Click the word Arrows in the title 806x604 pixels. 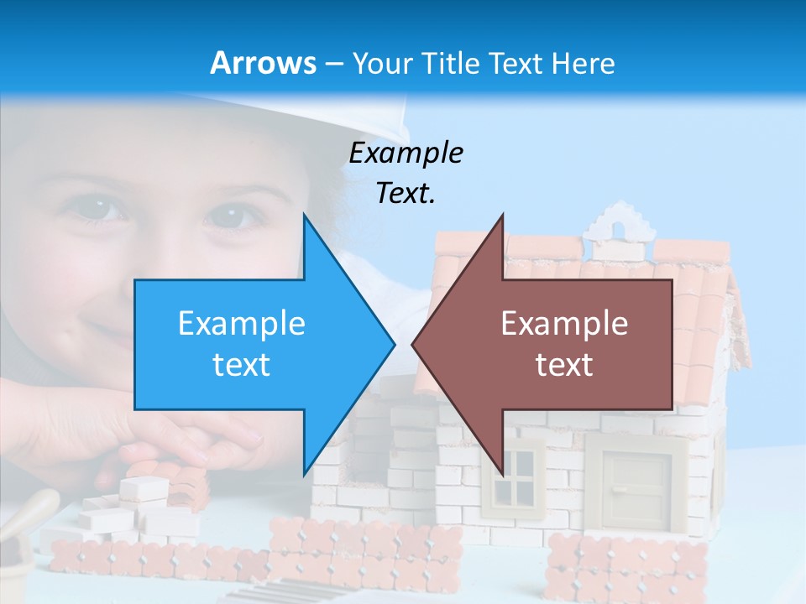pyautogui.click(x=263, y=63)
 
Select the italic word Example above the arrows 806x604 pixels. pyautogui.click(x=406, y=153)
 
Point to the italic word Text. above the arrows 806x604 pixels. pyautogui.click(x=406, y=193)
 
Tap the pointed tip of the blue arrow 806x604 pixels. pyautogui.click(x=392, y=344)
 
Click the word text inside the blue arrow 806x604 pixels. pyautogui.click(x=241, y=364)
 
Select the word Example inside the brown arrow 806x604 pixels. pyautogui.click(x=564, y=324)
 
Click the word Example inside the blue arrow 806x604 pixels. pyautogui.click(x=241, y=324)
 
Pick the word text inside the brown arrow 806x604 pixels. pyautogui.click(x=564, y=364)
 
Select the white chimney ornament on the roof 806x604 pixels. pyautogui.click(x=620, y=224)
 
